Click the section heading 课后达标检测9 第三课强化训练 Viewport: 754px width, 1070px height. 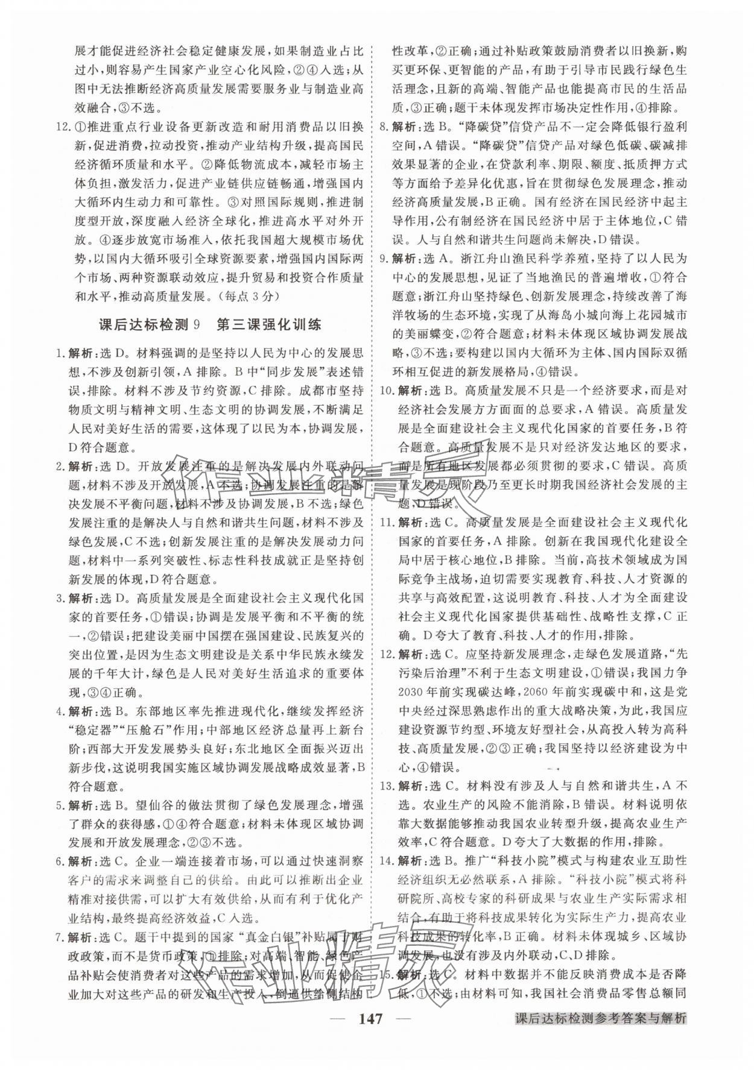click(209, 325)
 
